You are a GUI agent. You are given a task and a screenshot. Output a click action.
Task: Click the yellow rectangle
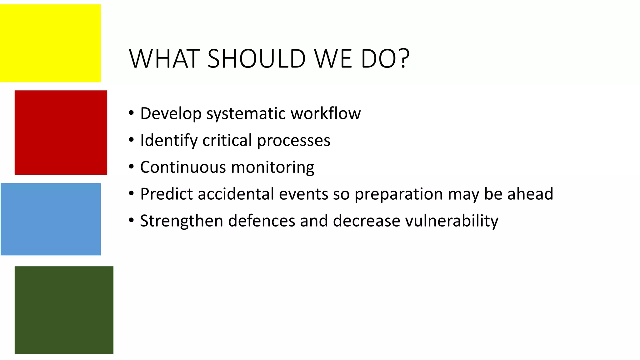click(x=50, y=43)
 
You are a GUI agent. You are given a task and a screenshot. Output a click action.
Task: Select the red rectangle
click(x=61, y=132)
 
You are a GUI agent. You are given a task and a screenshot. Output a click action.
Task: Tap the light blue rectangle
click(x=51, y=219)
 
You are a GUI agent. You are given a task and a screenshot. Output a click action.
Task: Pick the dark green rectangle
click(x=64, y=310)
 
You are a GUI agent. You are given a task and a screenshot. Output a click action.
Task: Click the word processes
click(x=293, y=141)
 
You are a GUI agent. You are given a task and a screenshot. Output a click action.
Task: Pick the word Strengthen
click(x=182, y=221)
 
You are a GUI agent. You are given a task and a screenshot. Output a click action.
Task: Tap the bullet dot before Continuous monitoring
click(x=131, y=167)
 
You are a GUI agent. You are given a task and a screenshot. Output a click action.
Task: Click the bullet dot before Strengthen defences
click(x=131, y=221)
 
